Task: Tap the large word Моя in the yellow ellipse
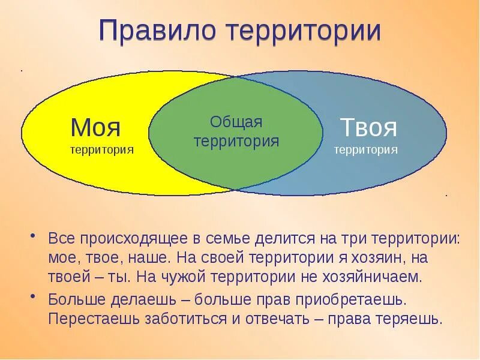click(95, 127)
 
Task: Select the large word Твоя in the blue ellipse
click(368, 127)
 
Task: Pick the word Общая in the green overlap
click(236, 122)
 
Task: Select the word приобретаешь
click(349, 298)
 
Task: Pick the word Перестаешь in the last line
click(93, 319)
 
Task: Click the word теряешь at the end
click(408, 319)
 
